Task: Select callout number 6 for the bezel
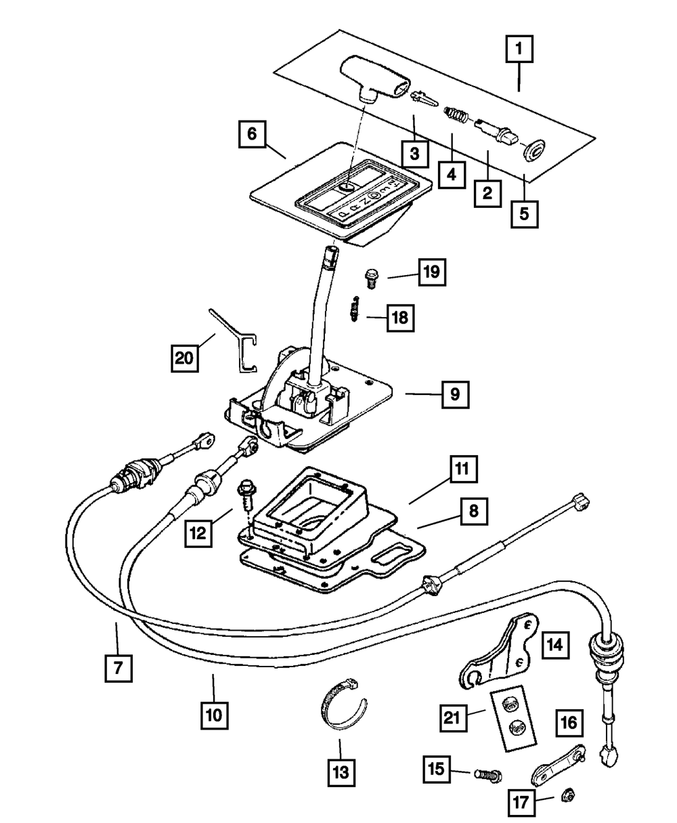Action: [x=251, y=134]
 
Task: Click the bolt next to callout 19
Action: [x=371, y=276]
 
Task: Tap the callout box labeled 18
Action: [x=401, y=316]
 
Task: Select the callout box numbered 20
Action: [x=183, y=358]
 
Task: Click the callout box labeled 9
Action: [x=455, y=394]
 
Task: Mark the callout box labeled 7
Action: [x=118, y=666]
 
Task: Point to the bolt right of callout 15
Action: [x=488, y=774]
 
